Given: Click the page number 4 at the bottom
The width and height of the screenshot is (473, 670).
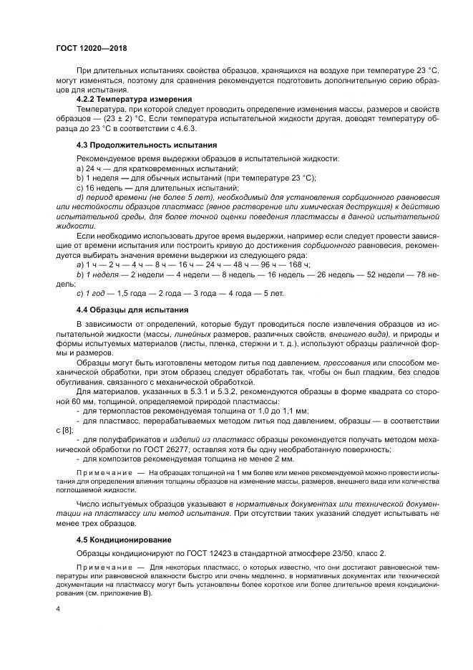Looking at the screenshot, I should (58, 608).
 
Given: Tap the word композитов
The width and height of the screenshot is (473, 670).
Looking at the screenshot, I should (117, 459).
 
